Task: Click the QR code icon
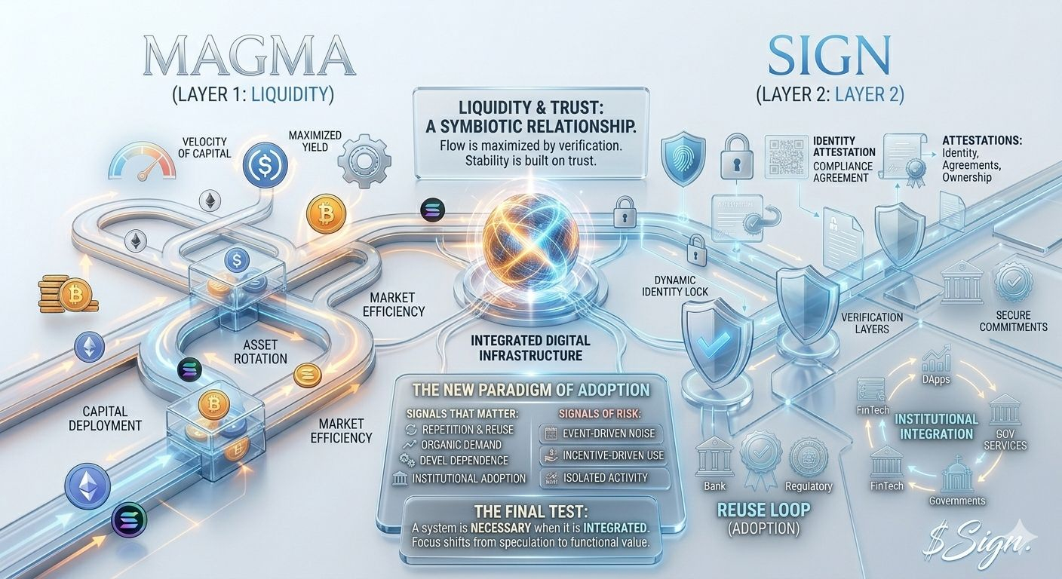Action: [x=786, y=157]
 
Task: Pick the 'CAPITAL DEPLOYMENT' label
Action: [x=104, y=418]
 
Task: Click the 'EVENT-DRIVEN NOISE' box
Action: [x=601, y=433]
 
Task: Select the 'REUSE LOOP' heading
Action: [x=763, y=510]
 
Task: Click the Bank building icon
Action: [x=714, y=456]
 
